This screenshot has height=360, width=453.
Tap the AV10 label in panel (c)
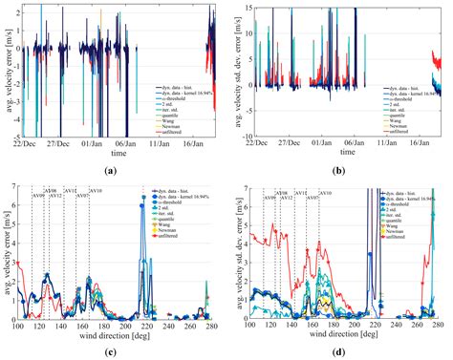point(96,192)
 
